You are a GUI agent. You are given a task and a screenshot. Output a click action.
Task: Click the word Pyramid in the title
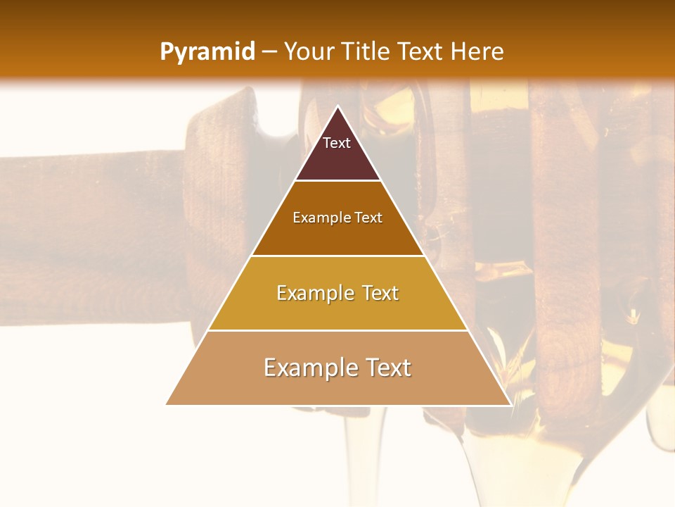pos(207,52)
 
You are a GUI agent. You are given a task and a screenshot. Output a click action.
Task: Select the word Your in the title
pos(310,52)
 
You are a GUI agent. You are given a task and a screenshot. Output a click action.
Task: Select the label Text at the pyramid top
pos(337,143)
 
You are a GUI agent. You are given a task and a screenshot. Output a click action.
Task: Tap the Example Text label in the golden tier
pos(337,293)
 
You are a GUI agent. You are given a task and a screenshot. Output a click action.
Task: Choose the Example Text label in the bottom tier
pos(337,368)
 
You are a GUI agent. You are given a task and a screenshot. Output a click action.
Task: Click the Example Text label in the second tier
pos(337,218)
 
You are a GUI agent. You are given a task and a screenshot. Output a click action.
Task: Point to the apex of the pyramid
pos(338,107)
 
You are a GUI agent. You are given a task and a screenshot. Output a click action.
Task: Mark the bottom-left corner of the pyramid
pos(167,404)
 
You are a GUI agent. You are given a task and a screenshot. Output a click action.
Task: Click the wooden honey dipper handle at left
pos(91,211)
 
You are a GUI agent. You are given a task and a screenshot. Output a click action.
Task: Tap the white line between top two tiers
pos(337,181)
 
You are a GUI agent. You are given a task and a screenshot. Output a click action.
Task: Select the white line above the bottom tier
pos(337,330)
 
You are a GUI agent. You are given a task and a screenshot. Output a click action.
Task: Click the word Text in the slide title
pos(421,52)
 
